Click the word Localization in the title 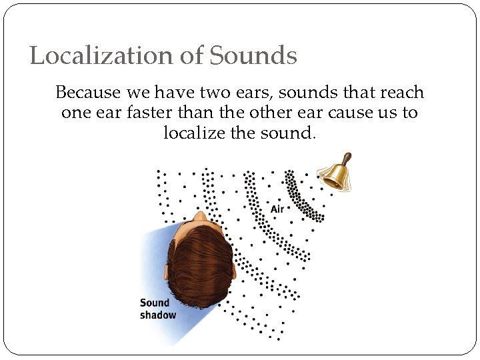tap(101, 55)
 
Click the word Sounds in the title tap(253, 55)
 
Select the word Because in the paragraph tap(87, 92)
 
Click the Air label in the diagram tap(277, 209)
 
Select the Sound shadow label tap(157, 309)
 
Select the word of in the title tap(191, 55)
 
